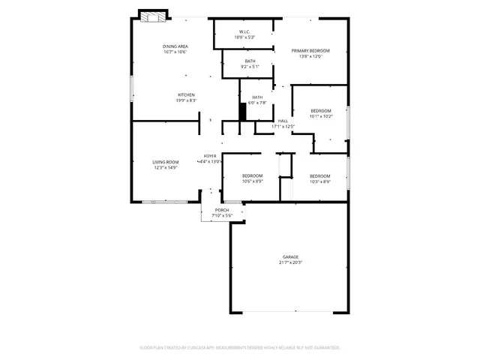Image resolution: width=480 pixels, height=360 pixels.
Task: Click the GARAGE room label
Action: click(290, 256)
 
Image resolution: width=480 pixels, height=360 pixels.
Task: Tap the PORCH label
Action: click(221, 210)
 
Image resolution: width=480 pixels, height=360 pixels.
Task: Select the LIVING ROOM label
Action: click(166, 162)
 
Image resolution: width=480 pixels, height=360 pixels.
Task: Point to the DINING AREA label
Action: click(175, 46)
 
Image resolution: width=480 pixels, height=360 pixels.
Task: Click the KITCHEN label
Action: click(186, 94)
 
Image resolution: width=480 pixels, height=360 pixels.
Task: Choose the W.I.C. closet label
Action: click(244, 31)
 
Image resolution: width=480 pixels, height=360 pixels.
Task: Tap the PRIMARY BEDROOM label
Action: click(310, 50)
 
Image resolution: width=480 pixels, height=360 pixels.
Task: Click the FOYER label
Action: click(210, 156)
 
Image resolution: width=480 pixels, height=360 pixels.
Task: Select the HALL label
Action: click(283, 121)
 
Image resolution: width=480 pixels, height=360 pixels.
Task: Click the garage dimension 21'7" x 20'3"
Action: click(290, 262)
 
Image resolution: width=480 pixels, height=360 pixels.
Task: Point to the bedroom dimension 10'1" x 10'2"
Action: click(320, 116)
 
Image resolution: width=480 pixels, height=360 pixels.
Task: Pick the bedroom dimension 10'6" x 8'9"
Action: click(252, 181)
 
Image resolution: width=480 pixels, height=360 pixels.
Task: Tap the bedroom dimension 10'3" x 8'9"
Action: click(320, 181)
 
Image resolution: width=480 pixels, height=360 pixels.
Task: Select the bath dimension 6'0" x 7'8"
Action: click(257, 103)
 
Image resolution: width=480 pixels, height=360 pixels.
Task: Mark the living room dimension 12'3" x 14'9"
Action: click(166, 168)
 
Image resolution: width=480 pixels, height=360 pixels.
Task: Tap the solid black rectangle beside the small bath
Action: click(242, 111)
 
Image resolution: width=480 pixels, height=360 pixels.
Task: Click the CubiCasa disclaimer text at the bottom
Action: click(240, 347)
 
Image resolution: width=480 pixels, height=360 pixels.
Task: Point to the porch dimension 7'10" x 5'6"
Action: click(221, 215)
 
